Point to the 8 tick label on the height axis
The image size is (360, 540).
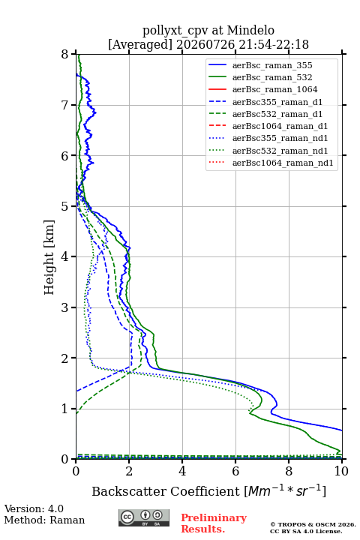[65, 55]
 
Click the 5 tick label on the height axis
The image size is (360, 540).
[65, 207]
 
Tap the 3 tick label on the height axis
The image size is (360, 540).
[65, 307]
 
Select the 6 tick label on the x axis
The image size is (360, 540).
[235, 471]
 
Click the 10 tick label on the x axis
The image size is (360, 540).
[341, 471]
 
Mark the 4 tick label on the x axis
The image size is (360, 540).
[182, 471]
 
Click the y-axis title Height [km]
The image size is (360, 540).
[49, 257]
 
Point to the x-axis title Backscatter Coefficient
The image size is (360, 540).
[166, 491]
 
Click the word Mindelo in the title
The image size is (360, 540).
[250, 30]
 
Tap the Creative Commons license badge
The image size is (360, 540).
[144, 517]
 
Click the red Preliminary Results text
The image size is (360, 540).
[214, 523]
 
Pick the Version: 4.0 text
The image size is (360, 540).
[34, 509]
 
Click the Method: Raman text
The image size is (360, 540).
[44, 520]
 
